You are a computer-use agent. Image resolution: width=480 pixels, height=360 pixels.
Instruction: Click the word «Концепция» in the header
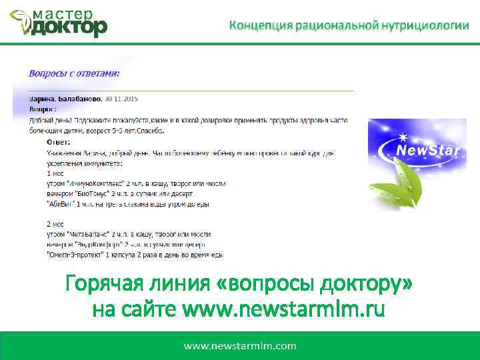[261, 25]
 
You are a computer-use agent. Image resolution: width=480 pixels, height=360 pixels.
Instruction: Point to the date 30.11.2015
[122, 99]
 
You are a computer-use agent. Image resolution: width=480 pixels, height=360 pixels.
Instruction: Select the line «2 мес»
[55, 224]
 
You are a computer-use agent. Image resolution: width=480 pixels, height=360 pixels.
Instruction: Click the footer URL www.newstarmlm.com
[240, 346]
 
